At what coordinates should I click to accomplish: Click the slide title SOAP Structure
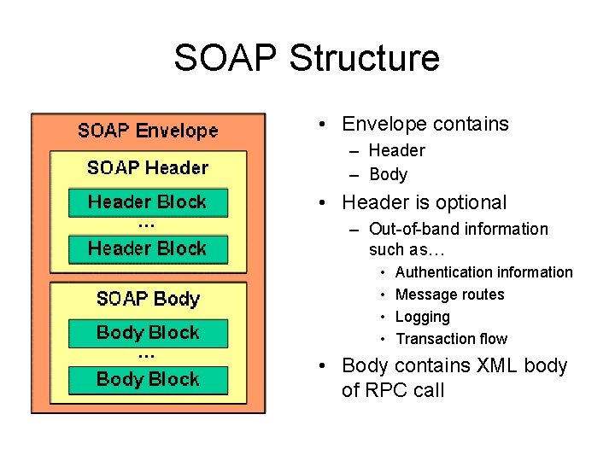(307, 58)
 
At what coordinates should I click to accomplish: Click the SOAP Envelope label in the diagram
(148, 131)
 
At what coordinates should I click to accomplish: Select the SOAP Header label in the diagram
(148, 167)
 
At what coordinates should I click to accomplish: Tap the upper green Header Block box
(148, 202)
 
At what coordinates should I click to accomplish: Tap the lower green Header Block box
(148, 249)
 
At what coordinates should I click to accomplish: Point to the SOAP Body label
(148, 299)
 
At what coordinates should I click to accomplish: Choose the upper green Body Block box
(148, 333)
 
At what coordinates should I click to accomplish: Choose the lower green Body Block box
(148, 379)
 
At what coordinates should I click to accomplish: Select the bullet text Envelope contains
(425, 124)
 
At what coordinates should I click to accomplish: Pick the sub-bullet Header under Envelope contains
(396, 151)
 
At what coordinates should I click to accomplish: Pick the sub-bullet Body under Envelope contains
(388, 175)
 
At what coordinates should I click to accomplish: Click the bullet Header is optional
(424, 203)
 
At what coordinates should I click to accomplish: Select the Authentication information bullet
(483, 272)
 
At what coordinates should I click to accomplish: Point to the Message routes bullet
(449, 295)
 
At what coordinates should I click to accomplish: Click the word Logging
(422, 317)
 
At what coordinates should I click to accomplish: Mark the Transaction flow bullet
(451, 339)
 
